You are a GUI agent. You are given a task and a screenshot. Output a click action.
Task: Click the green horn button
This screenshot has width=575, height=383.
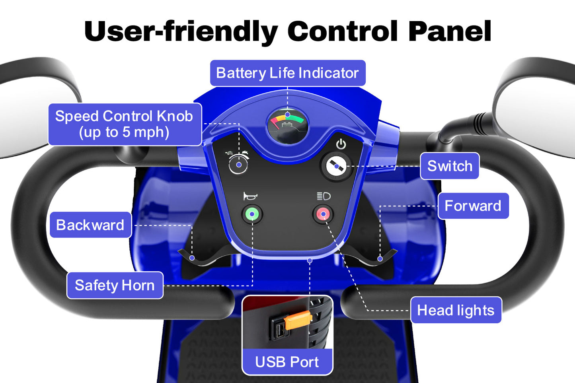[x=252, y=214]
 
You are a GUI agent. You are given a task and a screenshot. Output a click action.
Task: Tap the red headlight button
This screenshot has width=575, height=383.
[x=323, y=214]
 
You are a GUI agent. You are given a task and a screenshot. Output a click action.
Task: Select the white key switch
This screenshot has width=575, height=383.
[x=336, y=167]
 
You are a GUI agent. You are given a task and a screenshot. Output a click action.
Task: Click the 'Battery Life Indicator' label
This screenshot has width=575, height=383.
[x=287, y=73]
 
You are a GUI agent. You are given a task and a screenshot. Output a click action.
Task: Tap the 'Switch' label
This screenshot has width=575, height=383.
[x=450, y=166]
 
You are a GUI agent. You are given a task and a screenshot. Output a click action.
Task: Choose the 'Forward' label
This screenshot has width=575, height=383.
[x=473, y=206]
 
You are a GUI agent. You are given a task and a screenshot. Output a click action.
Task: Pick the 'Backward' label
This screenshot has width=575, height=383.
[x=90, y=225]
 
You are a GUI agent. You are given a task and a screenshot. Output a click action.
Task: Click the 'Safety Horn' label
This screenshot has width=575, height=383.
[x=115, y=285]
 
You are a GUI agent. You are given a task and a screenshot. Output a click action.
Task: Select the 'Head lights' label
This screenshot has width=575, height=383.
[x=456, y=310]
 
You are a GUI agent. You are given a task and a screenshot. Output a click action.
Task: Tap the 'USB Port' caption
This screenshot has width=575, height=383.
[x=287, y=362]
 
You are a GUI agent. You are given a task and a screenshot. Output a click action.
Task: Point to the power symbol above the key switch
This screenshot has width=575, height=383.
[x=341, y=144]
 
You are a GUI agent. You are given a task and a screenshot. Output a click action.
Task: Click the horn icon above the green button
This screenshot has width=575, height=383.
[x=250, y=196]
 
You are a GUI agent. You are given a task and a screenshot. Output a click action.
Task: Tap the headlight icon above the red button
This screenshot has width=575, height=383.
[x=324, y=196]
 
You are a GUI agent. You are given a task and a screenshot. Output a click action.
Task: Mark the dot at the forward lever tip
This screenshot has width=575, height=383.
[x=380, y=259]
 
